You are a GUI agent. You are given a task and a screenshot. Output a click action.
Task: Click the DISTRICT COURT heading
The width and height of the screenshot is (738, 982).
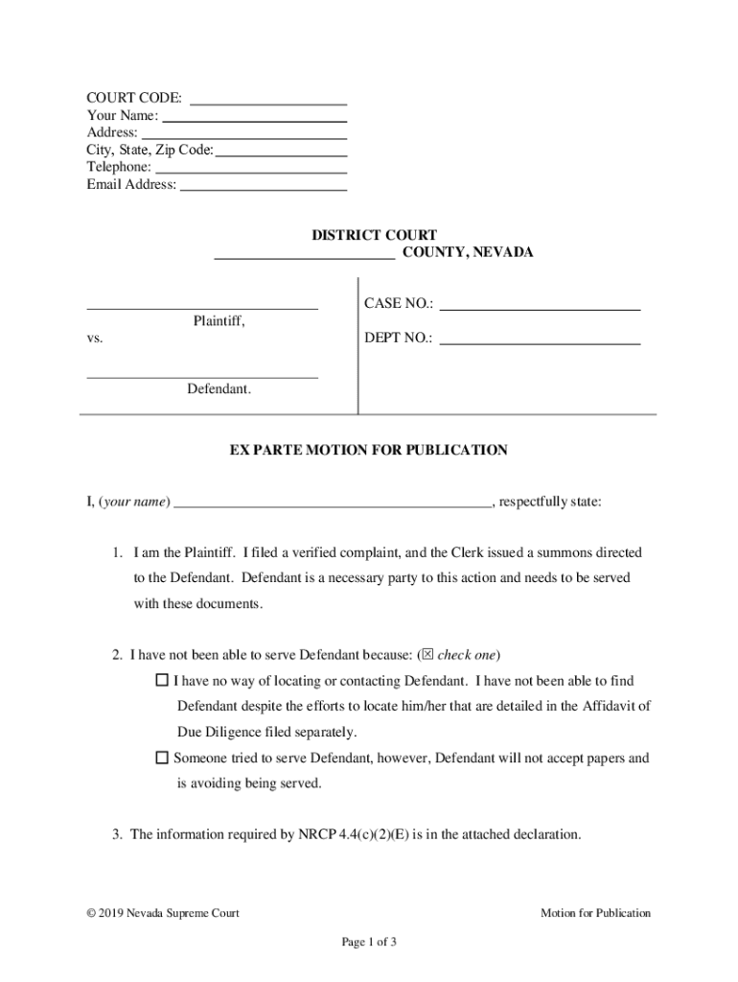[x=374, y=235]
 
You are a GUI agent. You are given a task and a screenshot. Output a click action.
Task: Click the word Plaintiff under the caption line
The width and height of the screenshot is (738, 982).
[x=219, y=322]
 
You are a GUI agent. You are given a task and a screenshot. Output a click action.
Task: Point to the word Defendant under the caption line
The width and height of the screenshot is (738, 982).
[x=219, y=389]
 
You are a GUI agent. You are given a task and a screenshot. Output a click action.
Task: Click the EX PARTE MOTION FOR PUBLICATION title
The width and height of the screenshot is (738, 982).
[x=368, y=450]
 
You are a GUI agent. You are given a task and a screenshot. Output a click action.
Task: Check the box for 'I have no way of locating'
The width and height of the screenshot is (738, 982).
[x=161, y=682]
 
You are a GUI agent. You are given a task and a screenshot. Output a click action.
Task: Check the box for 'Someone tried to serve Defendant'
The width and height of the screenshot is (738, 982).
[x=161, y=759]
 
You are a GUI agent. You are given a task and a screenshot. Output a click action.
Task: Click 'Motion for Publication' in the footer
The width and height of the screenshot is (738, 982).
[x=595, y=913]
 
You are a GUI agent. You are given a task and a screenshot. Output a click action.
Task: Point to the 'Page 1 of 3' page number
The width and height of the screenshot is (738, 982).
[x=369, y=942]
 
